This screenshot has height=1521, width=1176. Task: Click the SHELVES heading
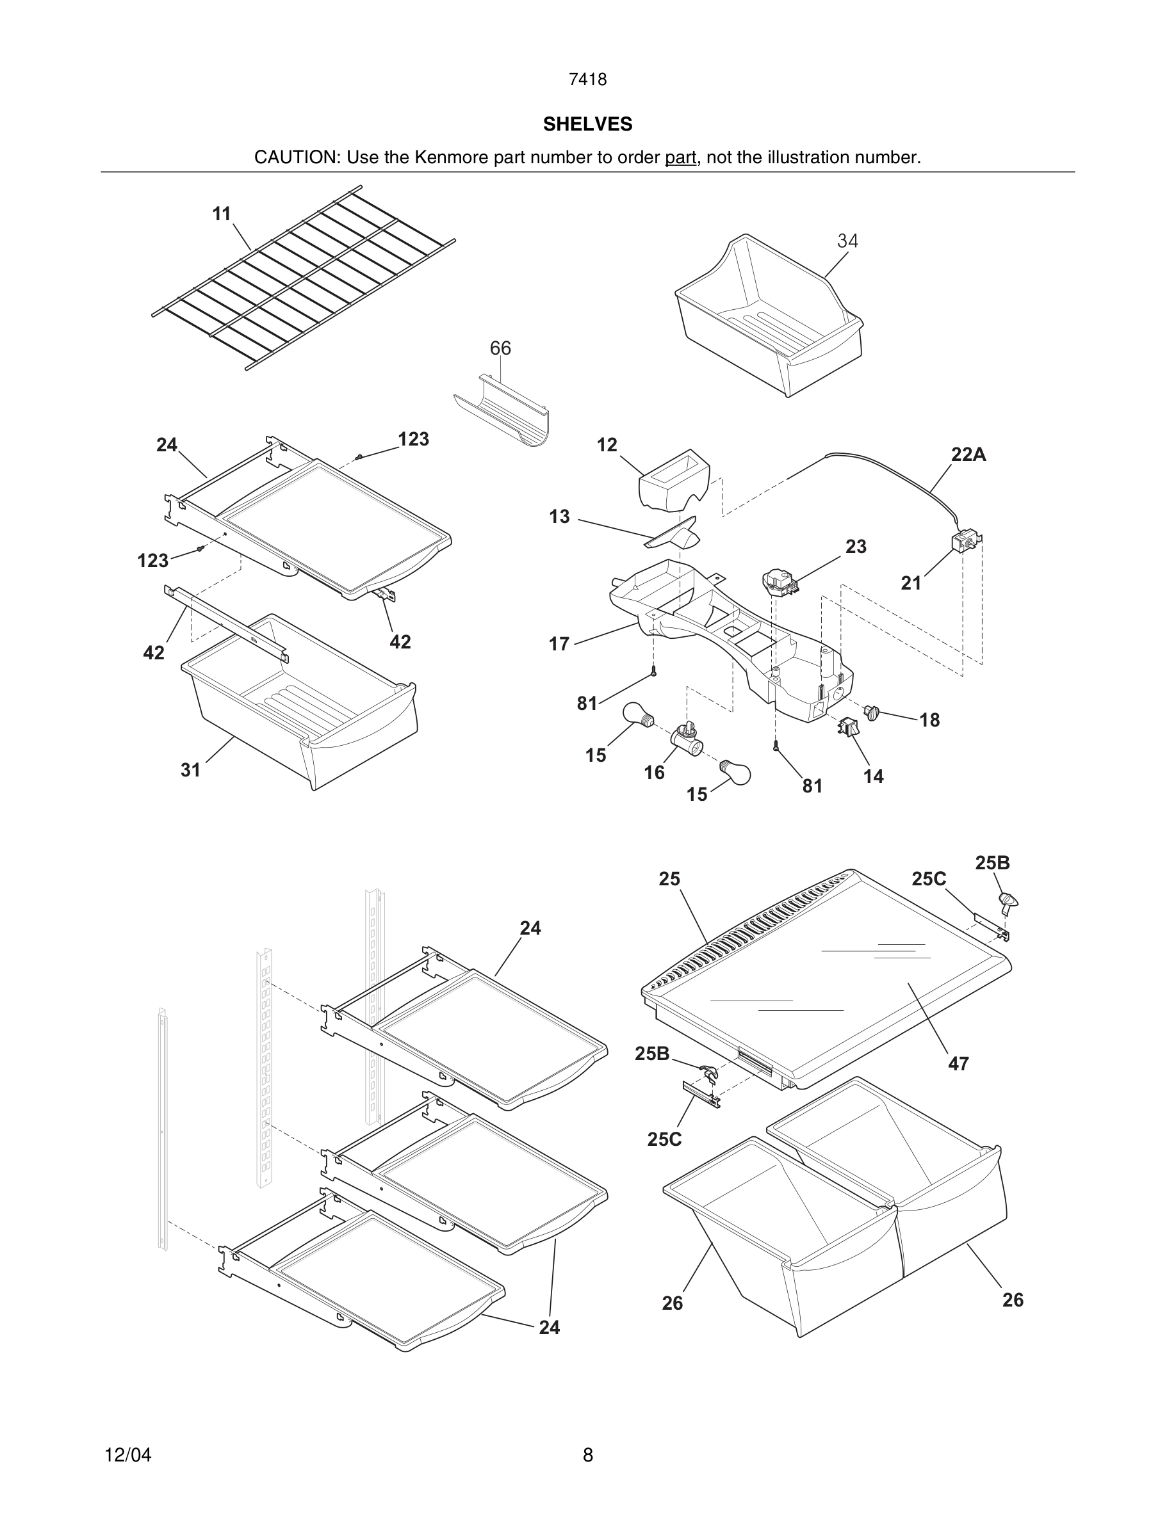point(587,124)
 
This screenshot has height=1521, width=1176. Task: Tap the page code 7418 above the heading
point(587,80)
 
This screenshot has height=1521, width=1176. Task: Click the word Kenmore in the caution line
point(452,157)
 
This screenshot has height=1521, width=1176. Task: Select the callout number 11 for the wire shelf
point(222,214)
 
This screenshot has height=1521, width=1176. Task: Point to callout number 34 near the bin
point(847,241)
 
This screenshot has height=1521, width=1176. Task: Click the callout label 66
point(500,348)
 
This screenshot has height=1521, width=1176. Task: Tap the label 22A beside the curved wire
point(968,455)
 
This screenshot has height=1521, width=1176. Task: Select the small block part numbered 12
point(673,480)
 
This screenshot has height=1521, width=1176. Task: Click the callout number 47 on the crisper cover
point(958,1063)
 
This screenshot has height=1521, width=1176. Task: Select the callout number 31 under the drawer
point(190,769)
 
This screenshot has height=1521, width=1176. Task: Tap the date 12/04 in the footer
point(127,1455)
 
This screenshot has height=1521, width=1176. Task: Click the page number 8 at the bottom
point(587,1455)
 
